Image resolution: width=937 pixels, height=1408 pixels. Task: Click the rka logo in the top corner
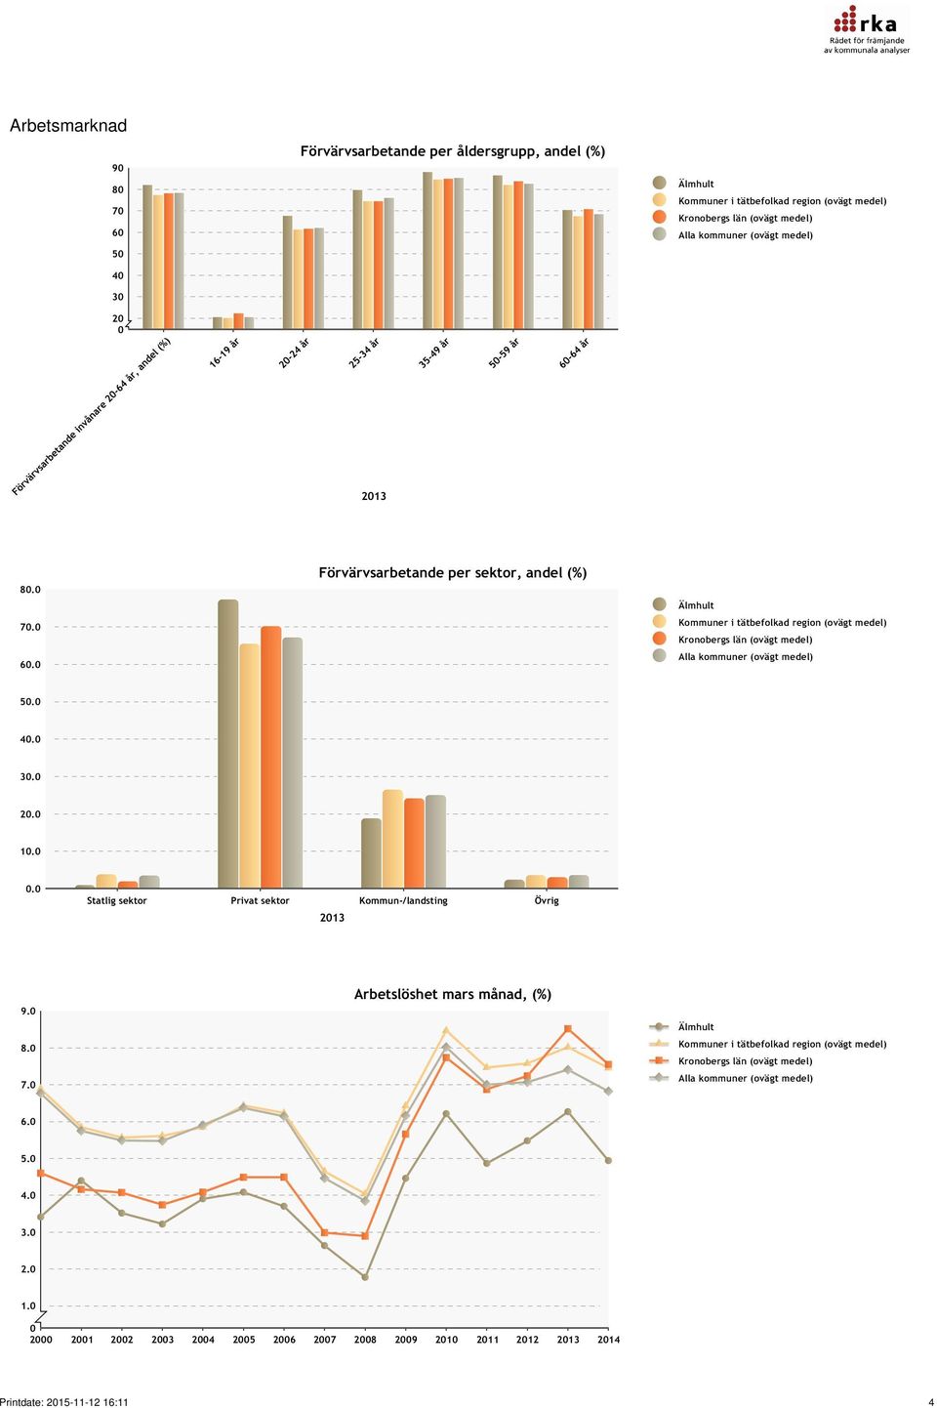(867, 30)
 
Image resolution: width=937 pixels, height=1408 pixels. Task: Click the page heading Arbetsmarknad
(68, 126)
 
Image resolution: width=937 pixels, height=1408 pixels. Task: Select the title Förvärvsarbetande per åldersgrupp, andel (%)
(453, 151)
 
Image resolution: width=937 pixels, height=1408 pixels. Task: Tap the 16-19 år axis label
(224, 352)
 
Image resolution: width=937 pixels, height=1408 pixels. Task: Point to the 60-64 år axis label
(574, 352)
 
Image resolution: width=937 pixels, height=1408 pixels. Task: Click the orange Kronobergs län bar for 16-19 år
(238, 320)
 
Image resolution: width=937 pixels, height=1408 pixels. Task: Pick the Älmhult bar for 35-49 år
(428, 250)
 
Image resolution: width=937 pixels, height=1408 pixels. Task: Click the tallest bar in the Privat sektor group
(228, 744)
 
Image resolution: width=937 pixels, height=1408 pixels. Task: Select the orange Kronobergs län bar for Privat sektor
(271, 757)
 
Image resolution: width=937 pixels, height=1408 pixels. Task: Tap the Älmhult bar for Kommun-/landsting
(371, 853)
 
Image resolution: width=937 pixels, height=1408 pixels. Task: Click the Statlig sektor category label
(117, 900)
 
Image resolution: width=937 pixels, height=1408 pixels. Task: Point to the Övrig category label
(547, 900)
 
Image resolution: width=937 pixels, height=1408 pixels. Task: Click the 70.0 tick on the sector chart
(30, 627)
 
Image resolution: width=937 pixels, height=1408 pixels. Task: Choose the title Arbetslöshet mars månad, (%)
(453, 994)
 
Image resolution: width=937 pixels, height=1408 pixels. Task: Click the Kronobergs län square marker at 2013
(567, 1029)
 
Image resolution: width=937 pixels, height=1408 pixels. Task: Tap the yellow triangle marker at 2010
(446, 1030)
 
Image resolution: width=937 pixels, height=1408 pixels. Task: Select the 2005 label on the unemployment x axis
(244, 1340)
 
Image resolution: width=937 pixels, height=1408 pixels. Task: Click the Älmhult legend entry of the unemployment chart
(682, 1027)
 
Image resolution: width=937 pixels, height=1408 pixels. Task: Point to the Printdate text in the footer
(64, 1402)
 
